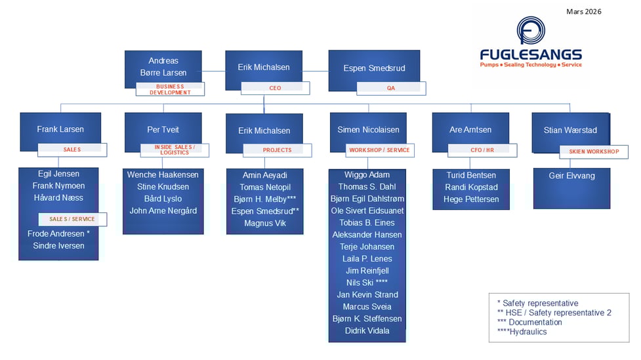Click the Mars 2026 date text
pyautogui.click(x=583, y=11)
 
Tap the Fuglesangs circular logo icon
pyautogui.click(x=530, y=30)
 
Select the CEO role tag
pyautogui.click(x=274, y=88)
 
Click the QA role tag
pyautogui.click(x=390, y=88)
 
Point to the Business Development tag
pyautogui.click(x=170, y=89)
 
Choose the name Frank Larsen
pyautogui.click(x=60, y=129)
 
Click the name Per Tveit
pyautogui.click(x=163, y=130)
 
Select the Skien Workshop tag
pyautogui.click(x=593, y=151)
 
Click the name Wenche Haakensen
pyautogui.click(x=163, y=175)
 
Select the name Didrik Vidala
pyautogui.click(x=367, y=330)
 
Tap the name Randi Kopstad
pyautogui.click(x=472, y=187)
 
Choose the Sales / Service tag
pyautogui.click(x=72, y=219)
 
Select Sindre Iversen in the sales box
pyautogui.click(x=58, y=246)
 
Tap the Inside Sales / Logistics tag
pyautogui.click(x=175, y=150)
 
